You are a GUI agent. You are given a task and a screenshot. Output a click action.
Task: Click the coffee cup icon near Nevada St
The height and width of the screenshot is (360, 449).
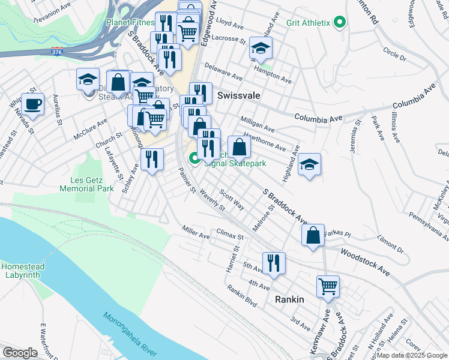[x=32, y=104]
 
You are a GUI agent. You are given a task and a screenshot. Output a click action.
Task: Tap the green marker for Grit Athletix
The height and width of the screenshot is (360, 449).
[x=339, y=23]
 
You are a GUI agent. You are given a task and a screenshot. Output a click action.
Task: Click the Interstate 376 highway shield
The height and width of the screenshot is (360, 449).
[x=57, y=51]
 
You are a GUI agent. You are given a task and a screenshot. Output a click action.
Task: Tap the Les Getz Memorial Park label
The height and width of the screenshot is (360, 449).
[x=87, y=184]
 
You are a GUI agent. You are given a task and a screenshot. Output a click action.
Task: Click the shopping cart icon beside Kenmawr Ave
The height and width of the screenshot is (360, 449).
[x=328, y=286]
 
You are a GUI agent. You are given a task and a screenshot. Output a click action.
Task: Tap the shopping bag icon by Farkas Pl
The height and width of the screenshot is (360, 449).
[x=313, y=235]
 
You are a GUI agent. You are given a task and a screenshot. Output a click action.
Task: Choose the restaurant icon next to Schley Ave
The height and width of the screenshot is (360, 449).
[x=152, y=159]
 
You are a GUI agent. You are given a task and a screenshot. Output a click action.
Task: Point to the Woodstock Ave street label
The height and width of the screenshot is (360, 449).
[x=365, y=263]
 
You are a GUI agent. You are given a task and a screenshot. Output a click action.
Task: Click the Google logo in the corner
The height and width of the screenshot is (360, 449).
[x=20, y=352]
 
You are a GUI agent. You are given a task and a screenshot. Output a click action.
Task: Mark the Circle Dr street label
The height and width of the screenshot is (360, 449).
[x=394, y=54]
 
